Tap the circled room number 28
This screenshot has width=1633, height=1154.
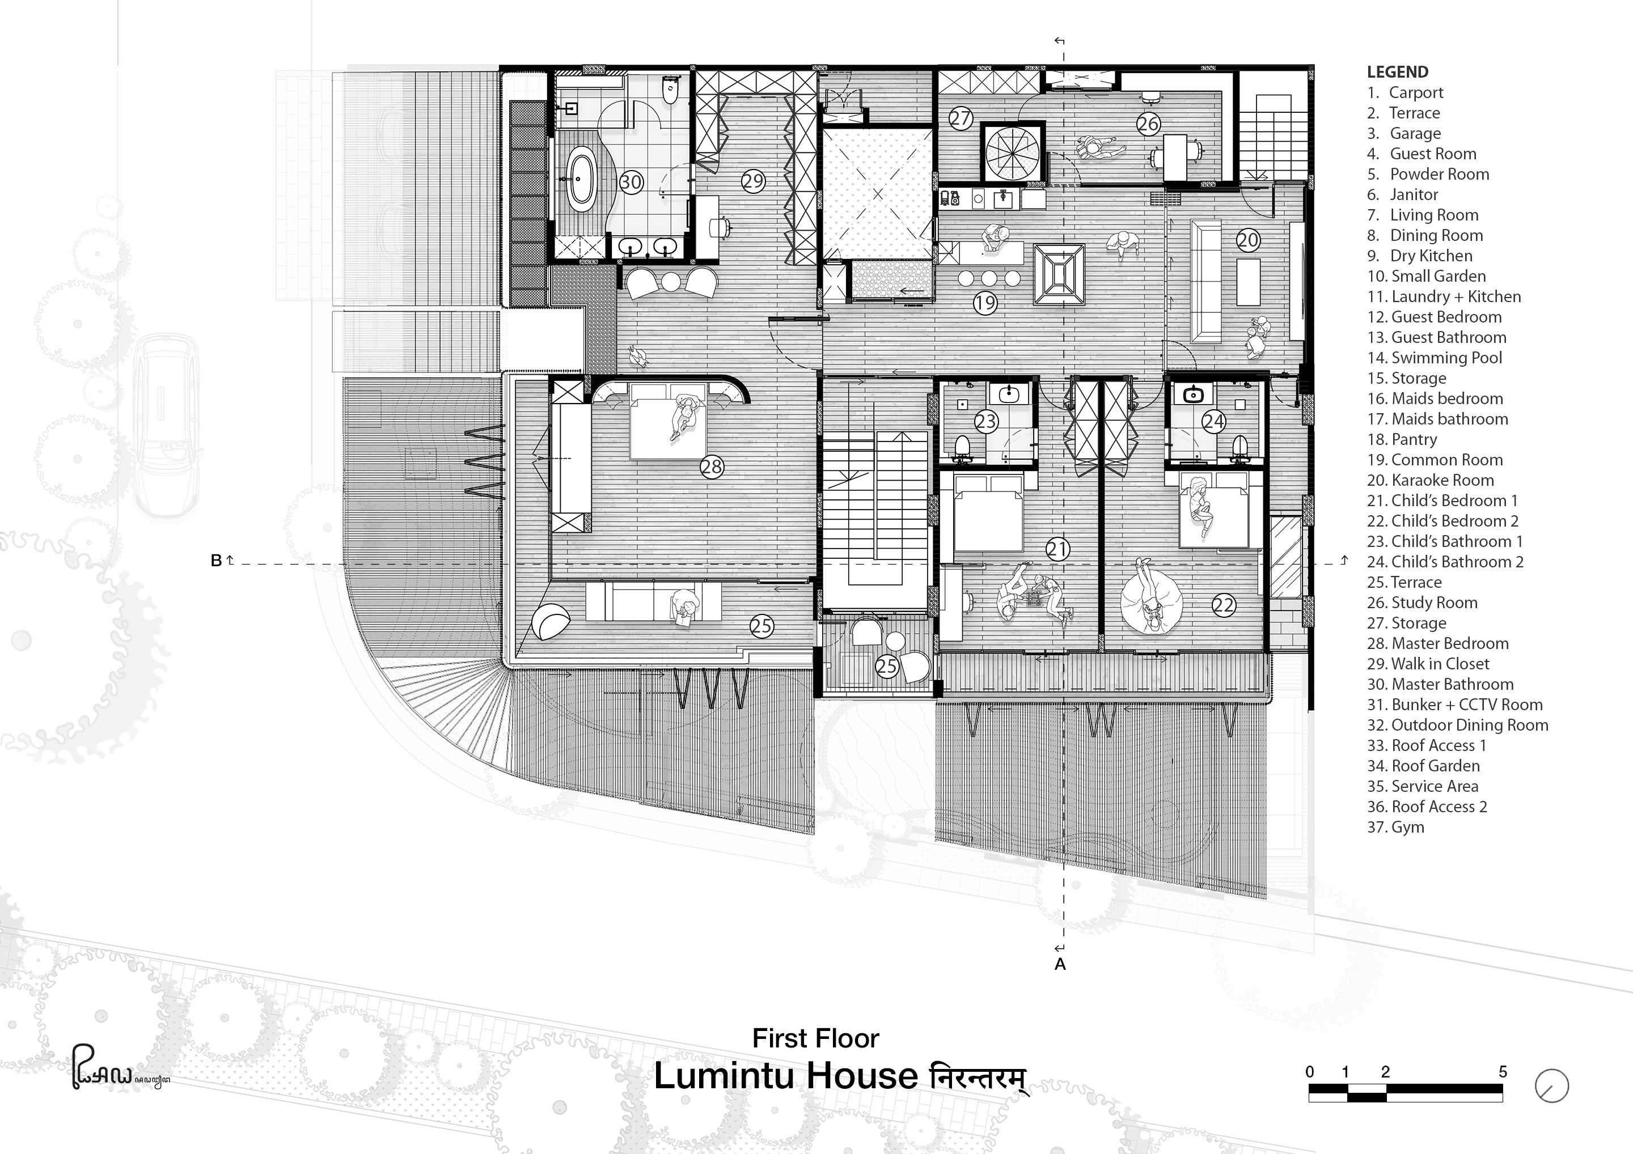click(x=711, y=466)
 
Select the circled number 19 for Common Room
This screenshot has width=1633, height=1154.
click(x=985, y=304)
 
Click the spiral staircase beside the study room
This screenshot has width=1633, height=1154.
click(x=1013, y=152)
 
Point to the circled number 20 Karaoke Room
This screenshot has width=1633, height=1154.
click(x=1247, y=240)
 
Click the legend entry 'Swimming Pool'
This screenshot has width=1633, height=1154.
click(x=1446, y=358)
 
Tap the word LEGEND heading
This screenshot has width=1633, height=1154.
click(x=1398, y=72)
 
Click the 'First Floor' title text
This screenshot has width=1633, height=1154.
click(x=816, y=1039)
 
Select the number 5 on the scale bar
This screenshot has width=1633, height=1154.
click(x=1502, y=1071)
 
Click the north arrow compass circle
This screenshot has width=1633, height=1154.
click(x=1552, y=1087)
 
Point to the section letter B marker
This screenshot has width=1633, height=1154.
click(x=216, y=561)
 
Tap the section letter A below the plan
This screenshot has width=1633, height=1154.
click(x=1060, y=965)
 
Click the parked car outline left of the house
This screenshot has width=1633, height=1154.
click(x=168, y=425)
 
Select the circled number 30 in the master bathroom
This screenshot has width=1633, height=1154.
click(x=631, y=182)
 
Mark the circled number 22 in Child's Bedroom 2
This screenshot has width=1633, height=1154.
click(x=1223, y=605)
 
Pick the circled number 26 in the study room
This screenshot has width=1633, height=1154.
click(x=1148, y=124)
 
